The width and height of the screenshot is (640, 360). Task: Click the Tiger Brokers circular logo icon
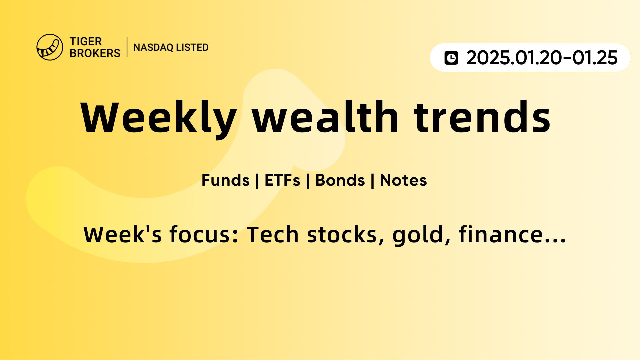50,47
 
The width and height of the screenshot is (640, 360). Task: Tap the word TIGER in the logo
86,42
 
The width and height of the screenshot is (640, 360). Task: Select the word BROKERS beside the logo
95,53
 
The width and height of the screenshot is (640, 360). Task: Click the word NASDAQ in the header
153,48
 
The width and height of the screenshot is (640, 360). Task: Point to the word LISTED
192,47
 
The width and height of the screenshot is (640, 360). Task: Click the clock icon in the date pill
451,58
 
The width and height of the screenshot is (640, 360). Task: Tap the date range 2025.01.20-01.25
542,58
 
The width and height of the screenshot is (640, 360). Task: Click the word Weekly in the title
159,118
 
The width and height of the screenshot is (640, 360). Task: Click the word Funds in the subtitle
226,180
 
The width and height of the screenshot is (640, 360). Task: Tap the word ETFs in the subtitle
282,180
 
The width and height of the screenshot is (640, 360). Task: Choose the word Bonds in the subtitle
340,180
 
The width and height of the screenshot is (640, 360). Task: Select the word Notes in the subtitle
404,180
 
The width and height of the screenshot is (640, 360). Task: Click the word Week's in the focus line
123,234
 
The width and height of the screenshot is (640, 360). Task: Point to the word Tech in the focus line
273,234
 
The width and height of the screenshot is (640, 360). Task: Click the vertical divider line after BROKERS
127,47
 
